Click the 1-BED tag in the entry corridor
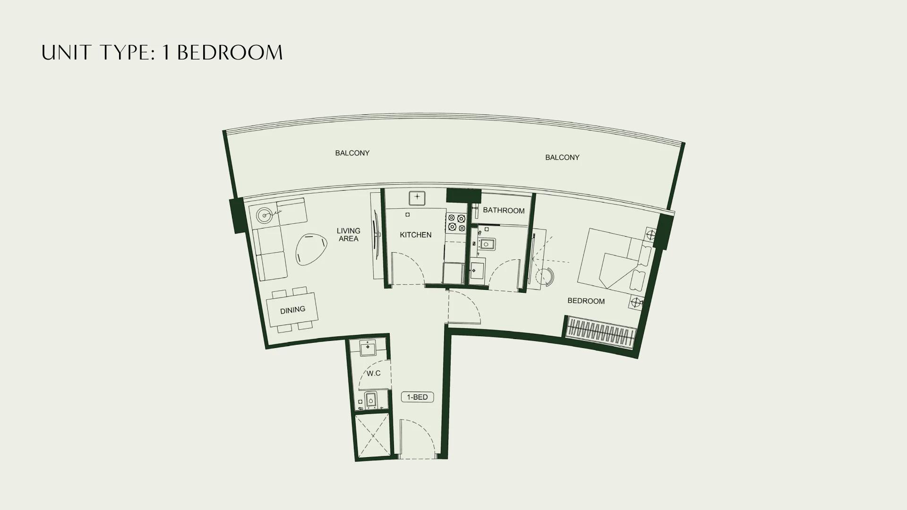[417, 397]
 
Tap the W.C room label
[374, 374]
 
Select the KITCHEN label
[416, 235]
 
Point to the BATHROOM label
[504, 211]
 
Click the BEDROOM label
[586, 301]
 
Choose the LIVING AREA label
[349, 235]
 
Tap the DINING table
[292, 310]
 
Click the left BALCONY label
[352, 153]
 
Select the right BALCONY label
[562, 157]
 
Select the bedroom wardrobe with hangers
[600, 333]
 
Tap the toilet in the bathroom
[486, 244]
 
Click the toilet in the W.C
[371, 401]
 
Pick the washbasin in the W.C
[368, 348]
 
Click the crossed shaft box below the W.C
[372, 436]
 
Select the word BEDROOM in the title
[230, 52]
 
